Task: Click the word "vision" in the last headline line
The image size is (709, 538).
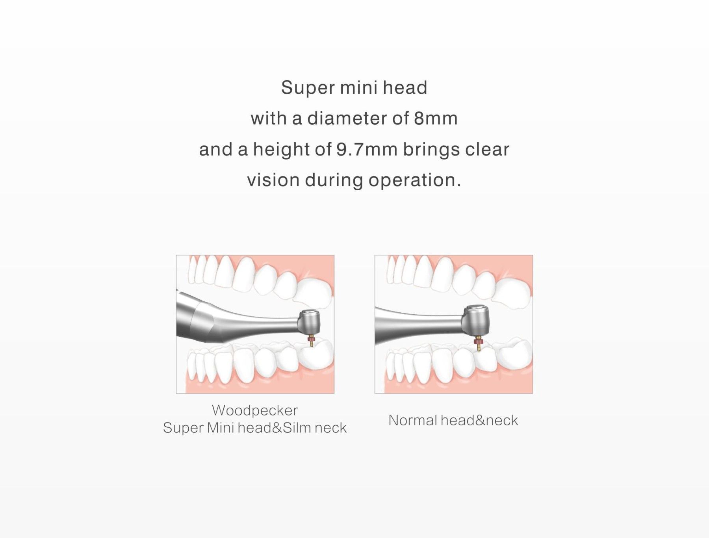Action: click(273, 180)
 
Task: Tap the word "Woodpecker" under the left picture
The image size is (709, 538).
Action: click(255, 411)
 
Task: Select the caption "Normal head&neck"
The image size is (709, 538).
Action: click(453, 420)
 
